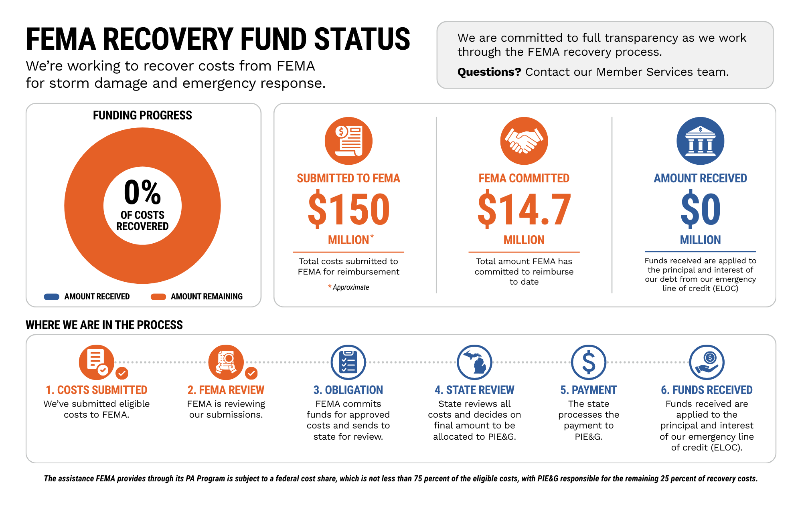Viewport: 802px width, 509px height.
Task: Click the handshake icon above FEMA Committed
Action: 524,141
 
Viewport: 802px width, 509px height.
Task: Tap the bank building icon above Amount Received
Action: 700,141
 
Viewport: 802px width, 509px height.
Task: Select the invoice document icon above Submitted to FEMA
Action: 348,141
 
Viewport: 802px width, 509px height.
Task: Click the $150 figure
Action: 348,209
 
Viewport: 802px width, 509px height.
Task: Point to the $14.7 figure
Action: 524,209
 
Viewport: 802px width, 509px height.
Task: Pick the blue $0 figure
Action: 701,209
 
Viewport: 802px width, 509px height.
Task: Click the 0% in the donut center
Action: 142,192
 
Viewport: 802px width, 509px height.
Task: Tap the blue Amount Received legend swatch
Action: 52,297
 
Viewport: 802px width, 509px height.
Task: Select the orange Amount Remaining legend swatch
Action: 158,297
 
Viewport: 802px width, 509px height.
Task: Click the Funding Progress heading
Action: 142,115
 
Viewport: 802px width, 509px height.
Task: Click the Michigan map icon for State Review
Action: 474,362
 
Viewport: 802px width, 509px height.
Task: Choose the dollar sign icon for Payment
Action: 589,362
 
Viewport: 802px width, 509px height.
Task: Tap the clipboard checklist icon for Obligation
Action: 348,362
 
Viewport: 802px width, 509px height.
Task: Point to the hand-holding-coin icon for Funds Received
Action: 707,362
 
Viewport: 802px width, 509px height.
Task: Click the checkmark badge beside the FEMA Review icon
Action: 251,373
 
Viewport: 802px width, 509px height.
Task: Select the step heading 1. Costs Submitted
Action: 96,390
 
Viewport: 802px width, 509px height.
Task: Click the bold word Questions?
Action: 489,72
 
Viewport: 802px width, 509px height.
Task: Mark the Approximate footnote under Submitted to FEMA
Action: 348,287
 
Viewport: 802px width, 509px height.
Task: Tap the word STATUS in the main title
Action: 362,39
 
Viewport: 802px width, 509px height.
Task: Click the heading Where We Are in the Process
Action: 104,325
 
